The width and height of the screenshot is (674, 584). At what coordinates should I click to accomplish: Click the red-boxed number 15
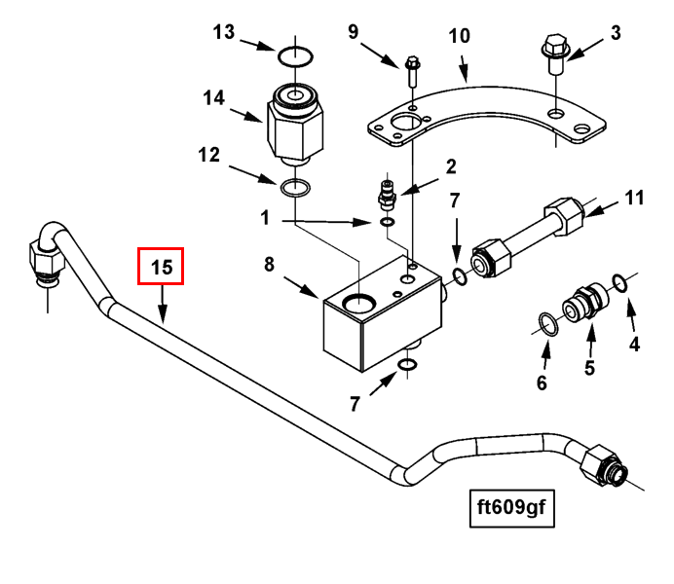(161, 266)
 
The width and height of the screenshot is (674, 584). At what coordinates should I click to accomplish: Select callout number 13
(224, 32)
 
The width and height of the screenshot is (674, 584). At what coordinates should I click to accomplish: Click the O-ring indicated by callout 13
(295, 55)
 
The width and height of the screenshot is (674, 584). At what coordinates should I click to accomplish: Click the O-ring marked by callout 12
(295, 185)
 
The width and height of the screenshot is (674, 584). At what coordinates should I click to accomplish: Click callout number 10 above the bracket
(460, 36)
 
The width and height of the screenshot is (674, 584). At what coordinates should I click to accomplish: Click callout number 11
(635, 200)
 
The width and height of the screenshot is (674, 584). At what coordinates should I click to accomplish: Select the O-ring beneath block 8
(409, 366)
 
